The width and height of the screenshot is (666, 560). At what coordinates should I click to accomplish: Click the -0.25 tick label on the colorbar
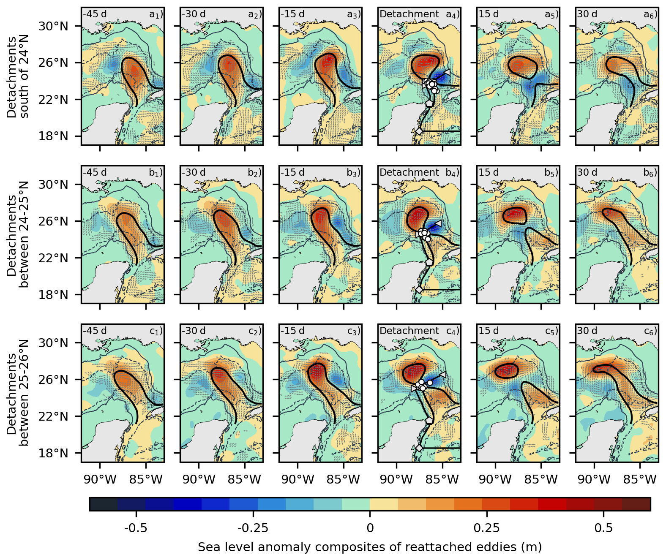[x=253, y=528]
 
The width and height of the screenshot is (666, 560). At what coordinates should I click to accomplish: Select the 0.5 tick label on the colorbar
[x=603, y=528]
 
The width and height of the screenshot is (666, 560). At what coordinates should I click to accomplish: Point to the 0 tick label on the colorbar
[x=370, y=528]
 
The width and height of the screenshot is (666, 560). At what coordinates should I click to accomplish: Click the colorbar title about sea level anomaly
[x=370, y=547]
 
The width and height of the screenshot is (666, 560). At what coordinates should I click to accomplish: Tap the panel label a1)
[x=156, y=14]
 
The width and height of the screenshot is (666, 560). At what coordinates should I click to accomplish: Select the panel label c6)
[x=650, y=331]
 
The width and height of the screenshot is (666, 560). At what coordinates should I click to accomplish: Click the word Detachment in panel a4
[x=409, y=14]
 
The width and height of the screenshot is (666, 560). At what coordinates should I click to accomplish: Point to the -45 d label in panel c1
[x=95, y=331]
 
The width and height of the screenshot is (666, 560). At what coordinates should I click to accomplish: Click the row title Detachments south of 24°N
[x=18, y=77]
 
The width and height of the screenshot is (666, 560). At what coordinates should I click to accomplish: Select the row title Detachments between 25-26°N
[x=18, y=393]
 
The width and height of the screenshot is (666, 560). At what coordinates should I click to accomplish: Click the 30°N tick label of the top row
[x=53, y=26]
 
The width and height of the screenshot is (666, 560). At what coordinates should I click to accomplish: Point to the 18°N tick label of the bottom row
[x=53, y=453]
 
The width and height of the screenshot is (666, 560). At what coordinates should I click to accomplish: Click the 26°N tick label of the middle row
[x=53, y=221]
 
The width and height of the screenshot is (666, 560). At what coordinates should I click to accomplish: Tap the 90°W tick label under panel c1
[x=100, y=480]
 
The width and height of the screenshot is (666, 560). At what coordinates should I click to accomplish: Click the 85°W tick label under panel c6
[x=640, y=480]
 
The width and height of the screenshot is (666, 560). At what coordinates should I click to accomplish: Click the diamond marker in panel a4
[x=419, y=132]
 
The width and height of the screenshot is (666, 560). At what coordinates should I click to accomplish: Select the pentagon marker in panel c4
[x=429, y=420]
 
